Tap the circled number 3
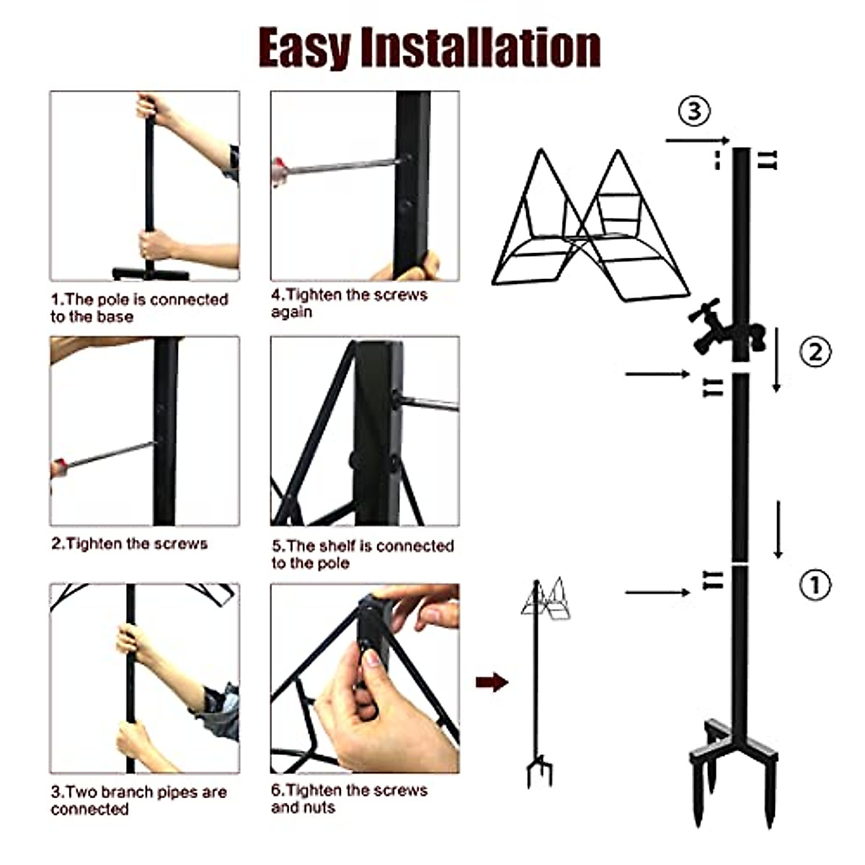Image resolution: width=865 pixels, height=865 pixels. (x=694, y=111)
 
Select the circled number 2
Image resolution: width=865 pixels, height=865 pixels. (x=815, y=352)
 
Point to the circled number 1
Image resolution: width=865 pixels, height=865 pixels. (x=815, y=585)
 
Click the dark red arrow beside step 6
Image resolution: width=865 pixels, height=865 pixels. (x=492, y=682)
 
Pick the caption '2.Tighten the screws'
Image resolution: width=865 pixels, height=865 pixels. (x=129, y=544)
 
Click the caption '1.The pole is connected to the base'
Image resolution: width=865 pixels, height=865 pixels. (x=139, y=308)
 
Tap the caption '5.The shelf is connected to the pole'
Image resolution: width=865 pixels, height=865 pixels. (x=362, y=554)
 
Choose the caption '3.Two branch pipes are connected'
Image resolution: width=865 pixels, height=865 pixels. (x=138, y=800)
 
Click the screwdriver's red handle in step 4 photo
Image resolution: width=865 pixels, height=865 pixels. (x=278, y=172)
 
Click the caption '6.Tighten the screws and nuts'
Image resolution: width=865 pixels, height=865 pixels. (x=349, y=799)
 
